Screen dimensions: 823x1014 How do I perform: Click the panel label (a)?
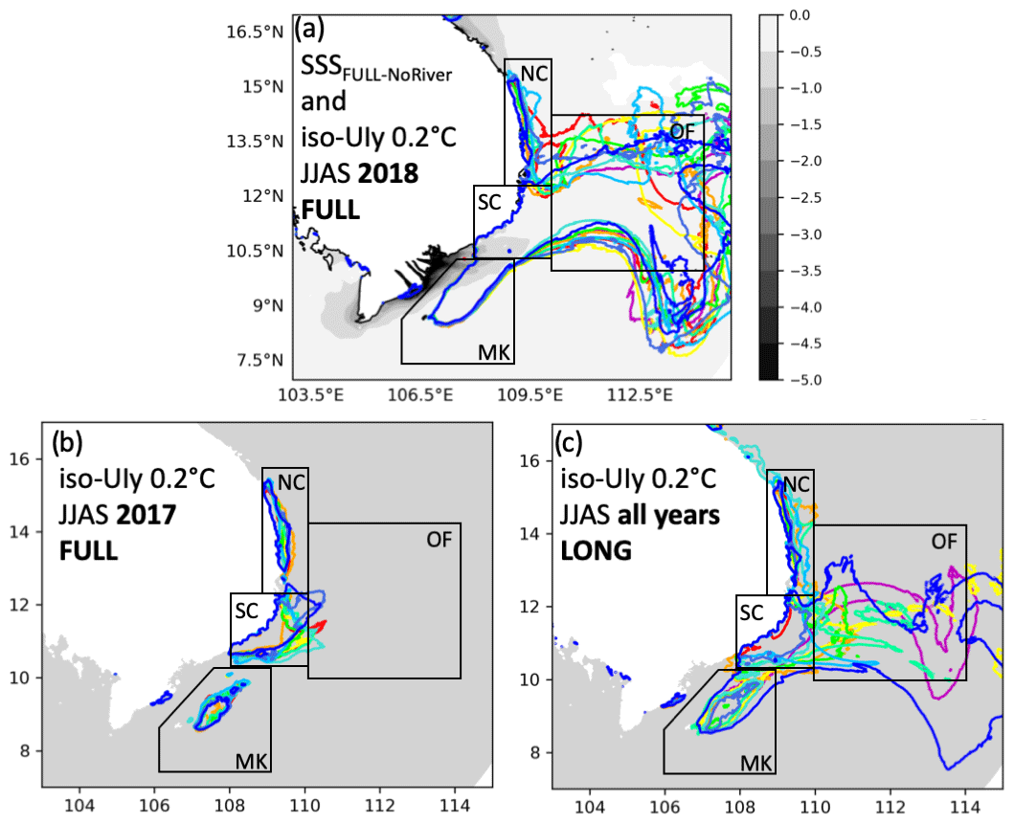tap(310, 30)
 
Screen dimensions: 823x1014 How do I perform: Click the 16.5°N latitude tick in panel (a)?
tap(258, 33)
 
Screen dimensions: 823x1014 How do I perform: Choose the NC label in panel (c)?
tap(797, 487)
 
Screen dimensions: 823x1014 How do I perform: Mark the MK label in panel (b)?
tap(251, 761)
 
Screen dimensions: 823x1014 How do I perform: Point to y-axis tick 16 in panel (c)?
tap(538, 460)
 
